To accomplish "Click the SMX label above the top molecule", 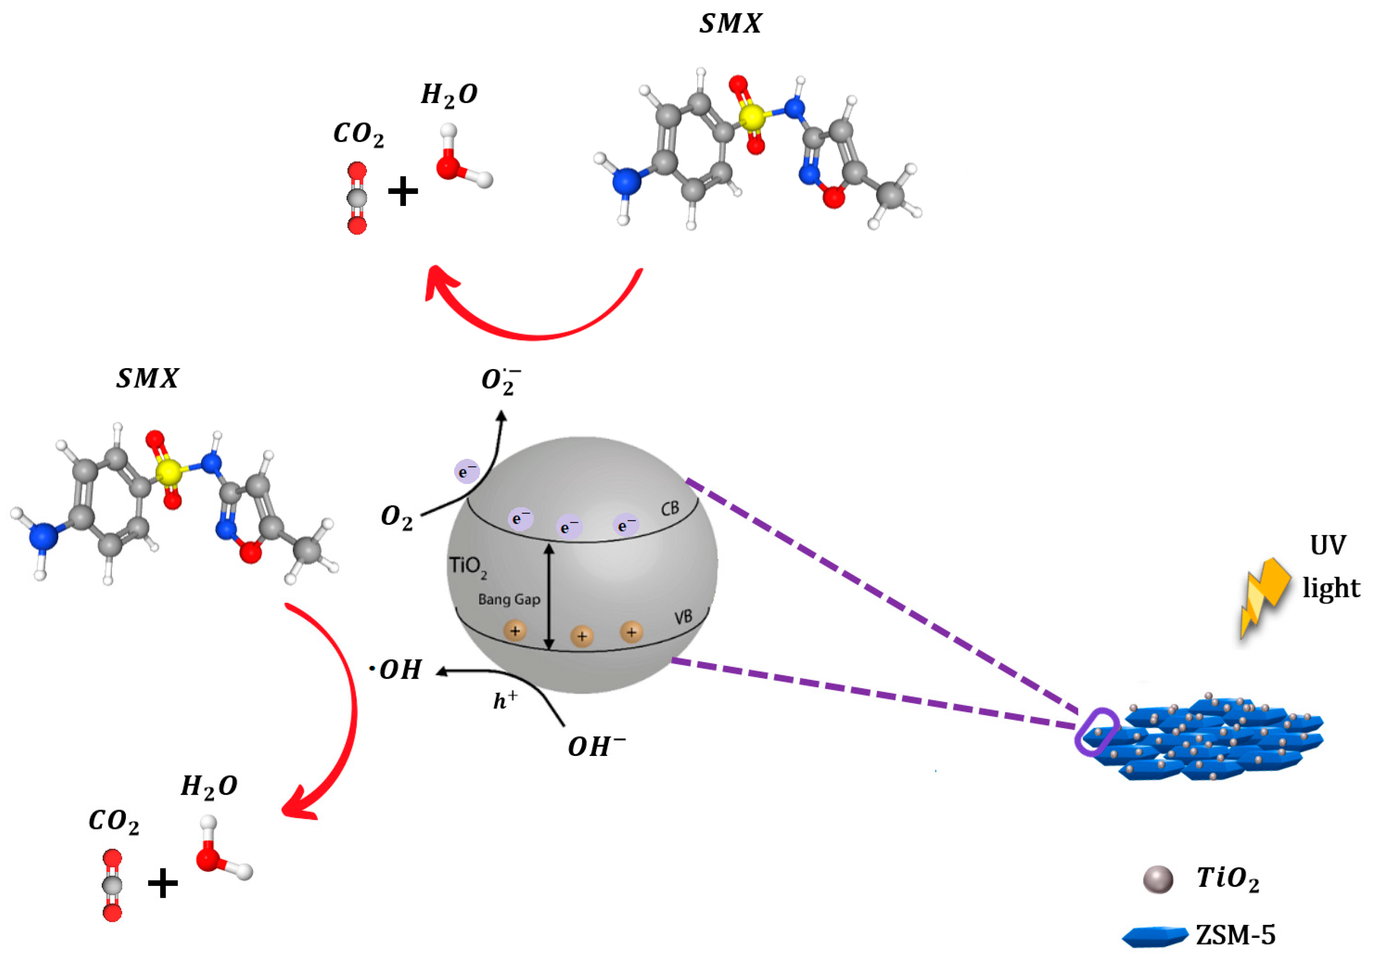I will coord(730,24).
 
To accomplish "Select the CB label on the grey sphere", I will coord(670,509).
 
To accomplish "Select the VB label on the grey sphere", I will coord(683,617).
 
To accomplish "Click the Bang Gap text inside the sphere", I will coord(509,600).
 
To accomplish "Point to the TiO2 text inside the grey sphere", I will coord(467,567).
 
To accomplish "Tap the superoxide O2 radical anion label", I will coord(501,381).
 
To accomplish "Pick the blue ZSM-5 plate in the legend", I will coord(1154,936).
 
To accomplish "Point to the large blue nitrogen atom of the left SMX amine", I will coord(44,535).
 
